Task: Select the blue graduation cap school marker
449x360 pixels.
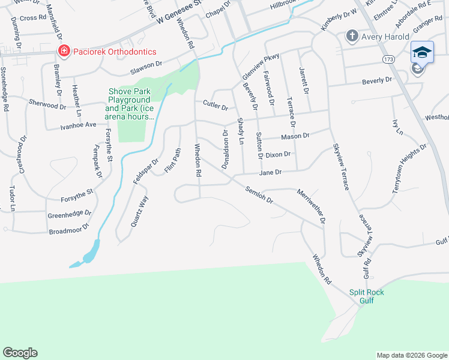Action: [x=422, y=52]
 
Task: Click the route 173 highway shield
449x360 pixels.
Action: [x=390, y=59]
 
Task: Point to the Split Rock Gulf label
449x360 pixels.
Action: [x=367, y=296]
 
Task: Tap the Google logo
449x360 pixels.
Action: [x=20, y=353]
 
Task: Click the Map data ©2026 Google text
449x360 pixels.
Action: [x=412, y=355]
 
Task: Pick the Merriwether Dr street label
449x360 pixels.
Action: [x=311, y=206]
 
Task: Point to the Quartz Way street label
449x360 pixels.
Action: [x=139, y=211]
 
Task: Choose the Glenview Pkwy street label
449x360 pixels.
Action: [x=261, y=67]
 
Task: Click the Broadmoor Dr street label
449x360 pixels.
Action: [x=68, y=227]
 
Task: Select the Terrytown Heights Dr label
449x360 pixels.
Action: [x=409, y=168]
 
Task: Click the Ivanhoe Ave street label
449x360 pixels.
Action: [x=77, y=125]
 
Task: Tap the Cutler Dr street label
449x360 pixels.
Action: [x=215, y=107]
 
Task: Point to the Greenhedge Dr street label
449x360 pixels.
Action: [x=69, y=213]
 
